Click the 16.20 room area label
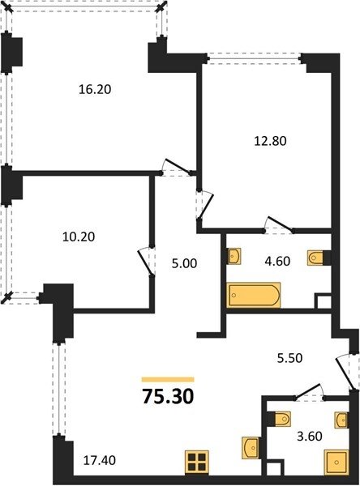95,90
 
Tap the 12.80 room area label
270,141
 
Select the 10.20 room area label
79,237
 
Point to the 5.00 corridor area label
184,264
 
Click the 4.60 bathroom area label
277,262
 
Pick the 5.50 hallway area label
289,358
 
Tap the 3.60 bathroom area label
310,437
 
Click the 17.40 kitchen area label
100,461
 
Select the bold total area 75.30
168,396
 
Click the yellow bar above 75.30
168,379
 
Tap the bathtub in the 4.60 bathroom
254,295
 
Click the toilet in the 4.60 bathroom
315,258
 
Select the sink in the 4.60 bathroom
234,256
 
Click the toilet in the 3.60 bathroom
282,420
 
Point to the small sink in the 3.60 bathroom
341,420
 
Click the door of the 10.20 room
146,261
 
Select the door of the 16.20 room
176,167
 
